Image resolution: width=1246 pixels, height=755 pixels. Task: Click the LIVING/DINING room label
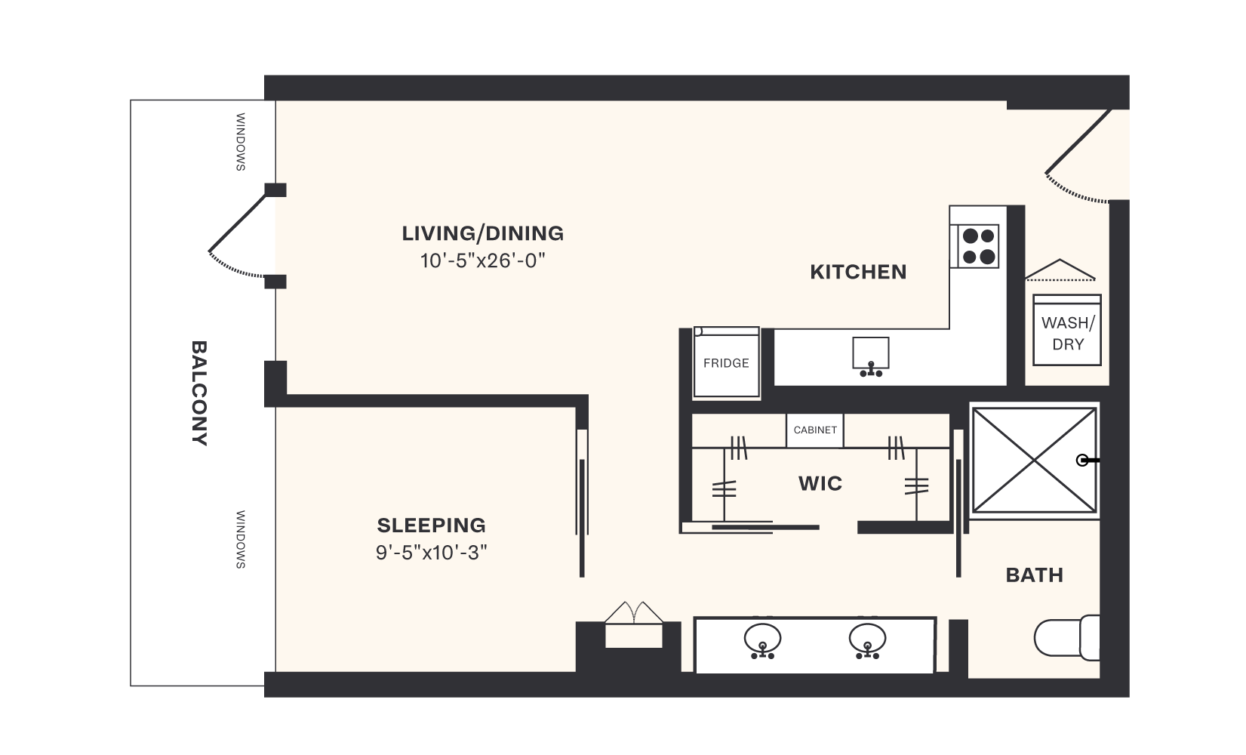482,233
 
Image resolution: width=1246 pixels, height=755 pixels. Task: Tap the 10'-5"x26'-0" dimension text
482,261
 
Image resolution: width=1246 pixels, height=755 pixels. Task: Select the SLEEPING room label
431,525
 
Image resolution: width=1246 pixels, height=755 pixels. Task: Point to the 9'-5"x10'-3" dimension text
431,553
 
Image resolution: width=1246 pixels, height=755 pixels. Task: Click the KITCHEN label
858,272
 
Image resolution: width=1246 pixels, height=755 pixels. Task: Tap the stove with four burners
978,246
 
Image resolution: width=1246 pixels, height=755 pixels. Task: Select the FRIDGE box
726,363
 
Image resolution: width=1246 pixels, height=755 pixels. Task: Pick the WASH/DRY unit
1067,331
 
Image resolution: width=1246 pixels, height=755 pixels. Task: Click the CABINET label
815,430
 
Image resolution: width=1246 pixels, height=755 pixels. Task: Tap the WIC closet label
820,484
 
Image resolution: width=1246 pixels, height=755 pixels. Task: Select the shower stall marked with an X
1033,460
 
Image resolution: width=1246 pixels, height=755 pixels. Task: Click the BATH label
1034,575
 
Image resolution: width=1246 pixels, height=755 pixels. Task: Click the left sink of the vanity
762,640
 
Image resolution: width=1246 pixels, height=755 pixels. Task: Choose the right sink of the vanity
867,640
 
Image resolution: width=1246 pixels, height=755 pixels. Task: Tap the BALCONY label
199,393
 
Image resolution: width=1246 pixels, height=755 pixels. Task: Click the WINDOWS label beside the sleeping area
241,539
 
